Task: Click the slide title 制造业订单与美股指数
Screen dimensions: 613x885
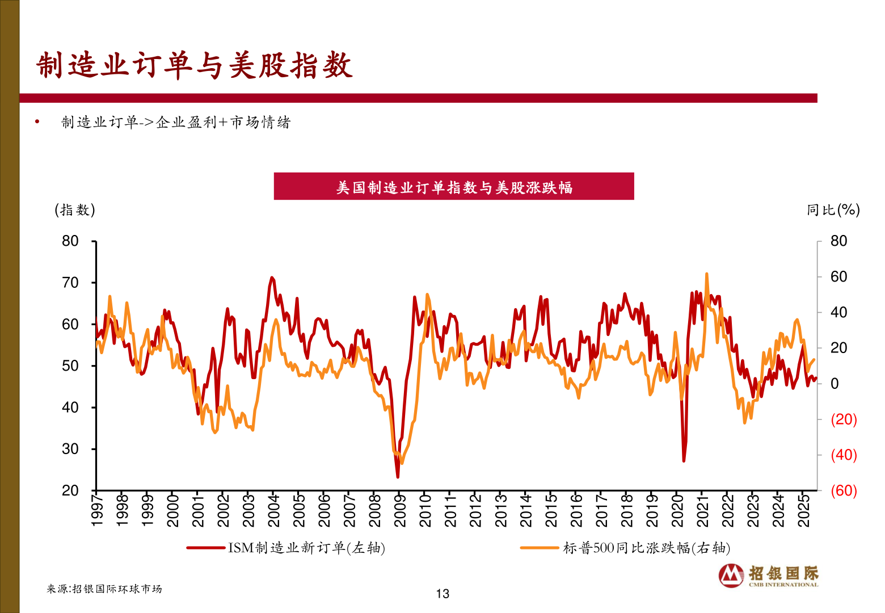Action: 195,65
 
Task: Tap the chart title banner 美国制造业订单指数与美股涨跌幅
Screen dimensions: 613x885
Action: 454,187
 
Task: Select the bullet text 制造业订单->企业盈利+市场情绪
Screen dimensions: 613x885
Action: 176,123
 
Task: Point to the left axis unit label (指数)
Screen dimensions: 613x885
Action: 75,210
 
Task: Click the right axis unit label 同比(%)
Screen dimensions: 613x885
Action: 833,210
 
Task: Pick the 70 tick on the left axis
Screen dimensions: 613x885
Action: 70,283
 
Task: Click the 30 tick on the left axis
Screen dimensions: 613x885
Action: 70,449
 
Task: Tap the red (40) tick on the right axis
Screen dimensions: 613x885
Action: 843,455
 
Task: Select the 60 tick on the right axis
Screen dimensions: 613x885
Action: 838,277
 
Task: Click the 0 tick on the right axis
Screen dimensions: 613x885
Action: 835,384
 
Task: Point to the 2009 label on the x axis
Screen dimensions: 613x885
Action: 400,510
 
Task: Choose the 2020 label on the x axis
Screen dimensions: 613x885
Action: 677,510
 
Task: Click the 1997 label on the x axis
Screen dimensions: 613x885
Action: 97,510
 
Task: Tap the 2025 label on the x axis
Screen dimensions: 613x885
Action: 803,510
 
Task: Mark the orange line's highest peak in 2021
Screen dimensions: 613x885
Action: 707,274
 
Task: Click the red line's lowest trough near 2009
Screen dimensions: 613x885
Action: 398,477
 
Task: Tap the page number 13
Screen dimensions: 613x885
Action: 442,594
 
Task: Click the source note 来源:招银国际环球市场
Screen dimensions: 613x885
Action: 104,589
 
